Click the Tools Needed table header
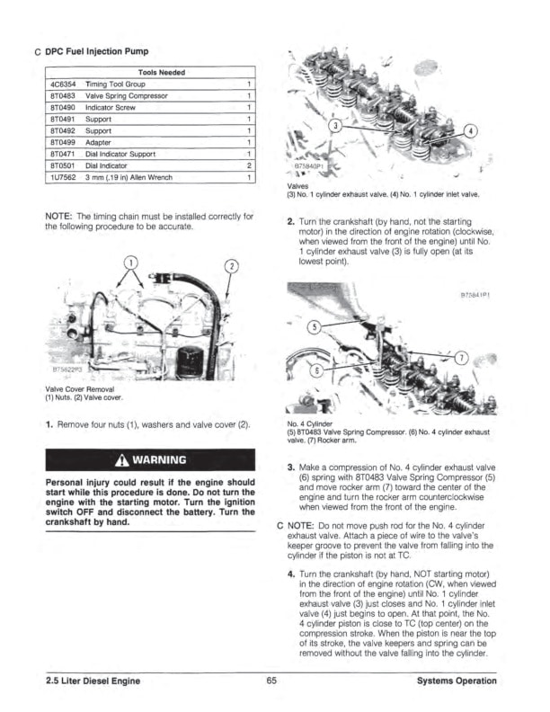coord(162,72)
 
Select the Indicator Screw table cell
coord(110,106)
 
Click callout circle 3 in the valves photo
coord(333,127)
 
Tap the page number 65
coord(270,681)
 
